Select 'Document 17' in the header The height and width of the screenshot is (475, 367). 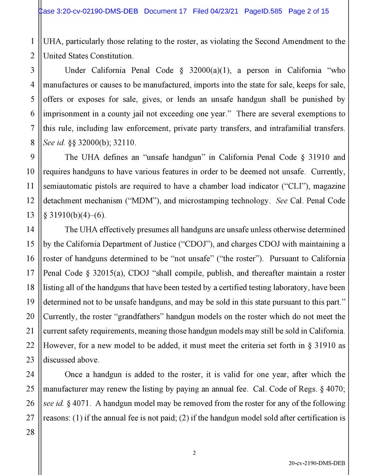165,11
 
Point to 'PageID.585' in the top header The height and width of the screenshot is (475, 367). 263,11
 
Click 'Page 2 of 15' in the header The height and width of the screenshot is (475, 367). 309,11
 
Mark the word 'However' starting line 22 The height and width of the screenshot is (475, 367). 57,346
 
